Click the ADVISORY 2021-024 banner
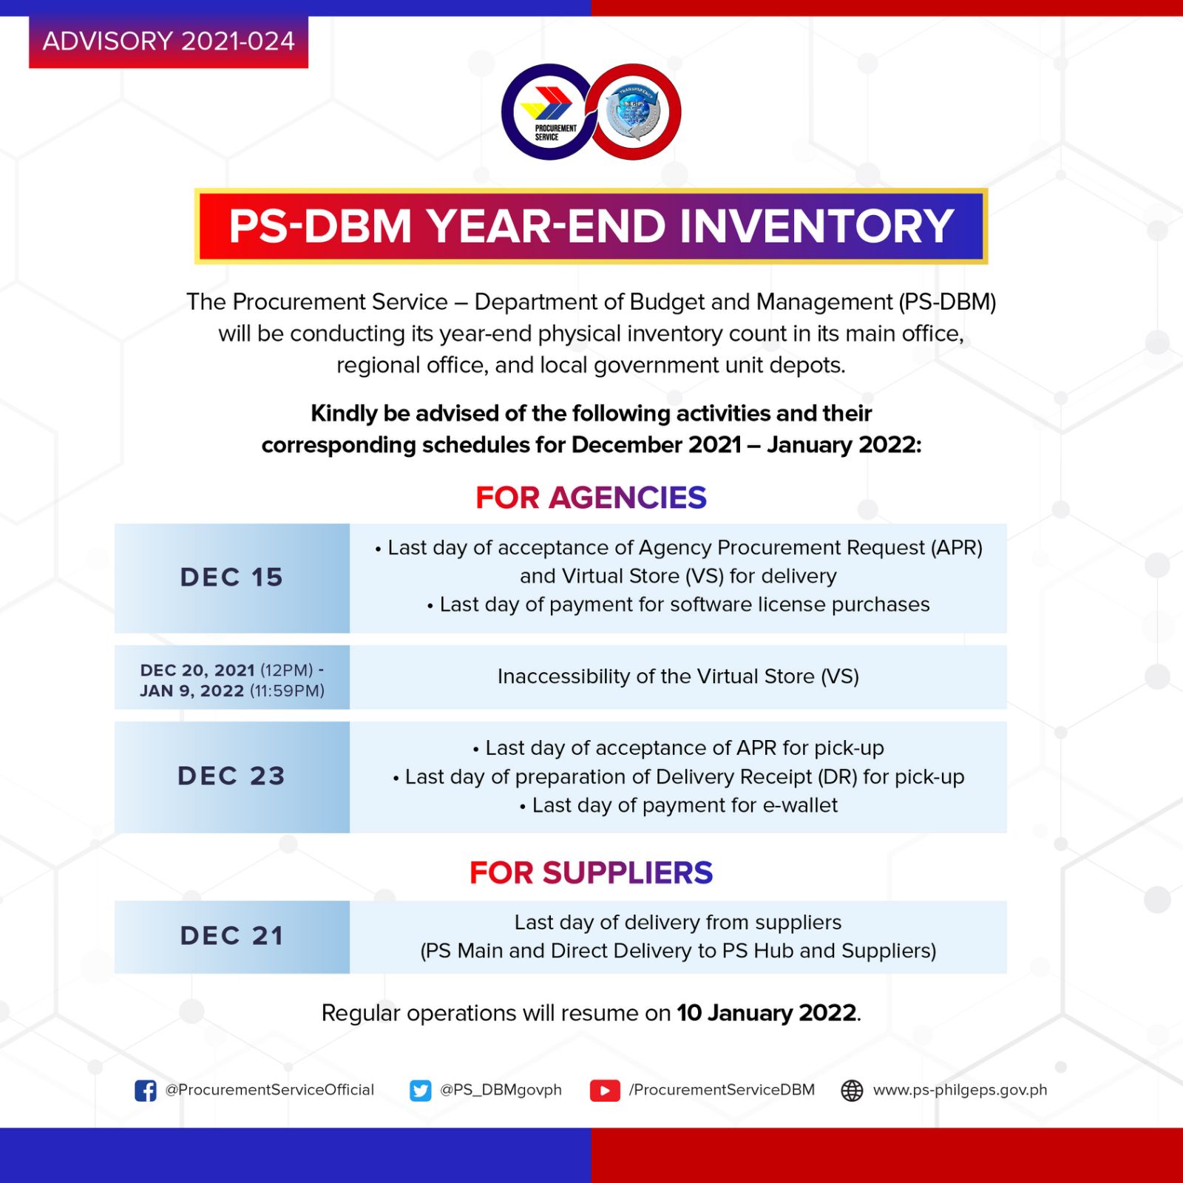tap(169, 41)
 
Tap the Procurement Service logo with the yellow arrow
tap(547, 112)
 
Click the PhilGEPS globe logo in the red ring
tap(634, 112)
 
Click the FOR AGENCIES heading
tap(591, 498)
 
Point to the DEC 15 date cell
tap(232, 577)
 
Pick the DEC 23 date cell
tap(232, 776)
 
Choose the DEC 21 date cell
tap(232, 936)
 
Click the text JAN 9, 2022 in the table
tap(192, 691)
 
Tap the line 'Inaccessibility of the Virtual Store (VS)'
tap(678, 677)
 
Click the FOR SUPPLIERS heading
tap(591, 872)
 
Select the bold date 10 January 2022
tap(767, 1013)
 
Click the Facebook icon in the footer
tap(146, 1091)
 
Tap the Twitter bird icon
tap(421, 1091)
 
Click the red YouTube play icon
tap(605, 1091)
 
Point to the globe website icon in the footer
tap(852, 1091)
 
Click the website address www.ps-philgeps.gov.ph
tap(960, 1090)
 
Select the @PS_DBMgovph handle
tap(501, 1090)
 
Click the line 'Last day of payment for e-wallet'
tap(679, 805)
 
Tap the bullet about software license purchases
tap(679, 605)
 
